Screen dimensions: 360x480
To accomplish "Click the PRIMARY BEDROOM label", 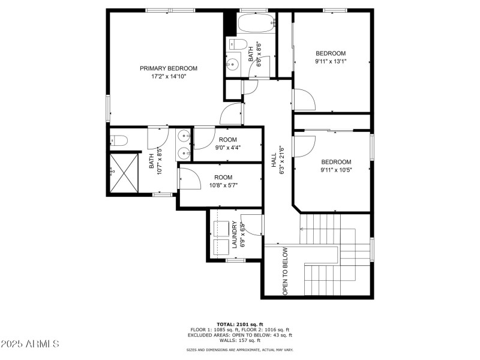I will pos(169,68).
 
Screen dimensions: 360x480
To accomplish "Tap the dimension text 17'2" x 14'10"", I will pos(169,76).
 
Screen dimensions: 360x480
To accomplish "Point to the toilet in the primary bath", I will pos(119,141).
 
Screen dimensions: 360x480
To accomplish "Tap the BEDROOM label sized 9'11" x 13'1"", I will pos(331,53).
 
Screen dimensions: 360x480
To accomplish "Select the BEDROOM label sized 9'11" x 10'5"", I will pos(336,162).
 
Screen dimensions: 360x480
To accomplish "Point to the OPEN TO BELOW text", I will pos(286,271).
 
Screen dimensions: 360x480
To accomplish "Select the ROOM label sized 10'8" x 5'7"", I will pos(223,177).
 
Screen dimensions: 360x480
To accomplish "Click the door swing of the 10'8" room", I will pos(187,176).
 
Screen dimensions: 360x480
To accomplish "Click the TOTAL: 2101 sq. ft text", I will pos(240,323).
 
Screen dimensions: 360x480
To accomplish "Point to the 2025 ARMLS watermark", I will pos(30,344).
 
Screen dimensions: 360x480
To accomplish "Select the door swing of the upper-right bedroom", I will pos(304,100).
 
